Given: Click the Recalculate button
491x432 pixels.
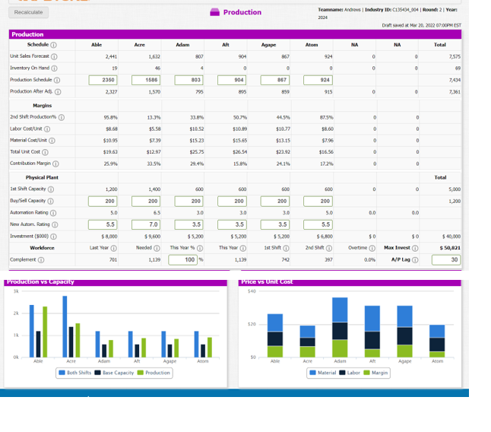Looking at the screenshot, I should tap(28, 12).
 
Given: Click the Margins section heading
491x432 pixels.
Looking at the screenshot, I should tap(43, 106).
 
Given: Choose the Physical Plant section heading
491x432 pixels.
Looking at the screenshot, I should tap(43, 177).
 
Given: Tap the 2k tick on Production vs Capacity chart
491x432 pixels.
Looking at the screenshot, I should tap(14, 313).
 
